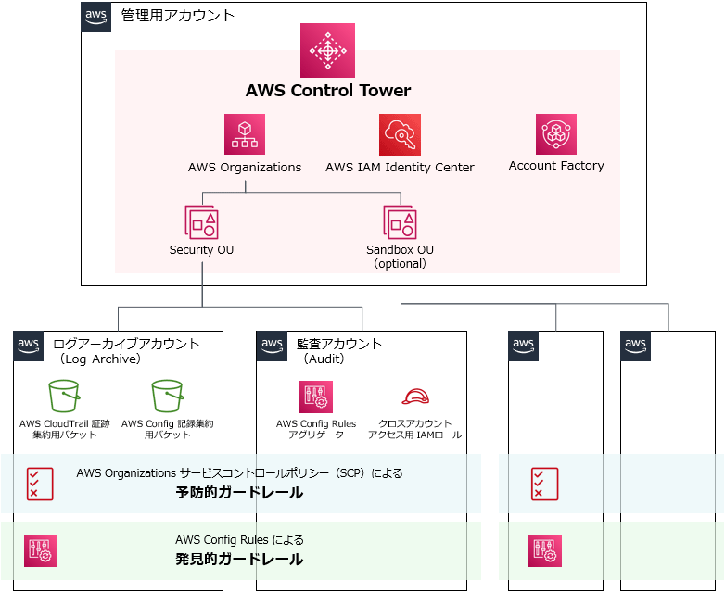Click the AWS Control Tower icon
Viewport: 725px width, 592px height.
pyautogui.click(x=327, y=50)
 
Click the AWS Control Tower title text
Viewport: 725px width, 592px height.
pyautogui.click(x=327, y=91)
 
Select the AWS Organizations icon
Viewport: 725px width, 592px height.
pyautogui.click(x=245, y=134)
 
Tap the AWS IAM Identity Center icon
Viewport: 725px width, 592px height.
pyautogui.click(x=400, y=134)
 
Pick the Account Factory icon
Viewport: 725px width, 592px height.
pyautogui.click(x=556, y=134)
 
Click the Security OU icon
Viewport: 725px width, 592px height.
pyautogui.click(x=201, y=222)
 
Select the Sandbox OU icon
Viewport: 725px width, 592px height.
pyautogui.click(x=400, y=222)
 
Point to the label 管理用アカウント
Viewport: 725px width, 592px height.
pyautogui.click(x=178, y=16)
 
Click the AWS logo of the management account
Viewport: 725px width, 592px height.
pyautogui.click(x=95, y=17)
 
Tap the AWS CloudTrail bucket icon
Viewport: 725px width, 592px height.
pyautogui.click(x=64, y=396)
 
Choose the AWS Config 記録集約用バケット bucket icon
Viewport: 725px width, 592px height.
pyautogui.click(x=168, y=396)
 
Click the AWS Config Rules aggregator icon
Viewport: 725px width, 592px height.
pyautogui.click(x=316, y=397)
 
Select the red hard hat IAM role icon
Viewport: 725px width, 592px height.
pyautogui.click(x=414, y=397)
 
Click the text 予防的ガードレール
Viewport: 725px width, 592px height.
pyautogui.click(x=239, y=492)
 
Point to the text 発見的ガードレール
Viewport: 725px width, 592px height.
pyautogui.click(x=239, y=560)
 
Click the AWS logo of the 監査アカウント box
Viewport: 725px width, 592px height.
pyautogui.click(x=272, y=345)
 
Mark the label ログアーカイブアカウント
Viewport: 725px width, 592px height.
pyautogui.click(x=127, y=344)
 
